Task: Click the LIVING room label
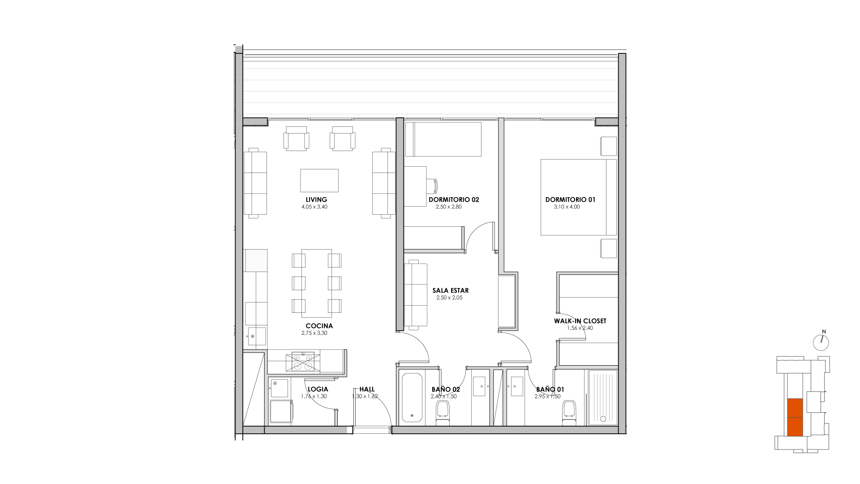(x=316, y=200)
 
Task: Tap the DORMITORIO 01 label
(x=570, y=200)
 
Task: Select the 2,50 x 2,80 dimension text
(x=448, y=207)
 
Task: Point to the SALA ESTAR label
(x=451, y=290)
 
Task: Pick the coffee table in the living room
(x=319, y=180)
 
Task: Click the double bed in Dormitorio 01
(x=579, y=197)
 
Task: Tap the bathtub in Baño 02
(x=412, y=397)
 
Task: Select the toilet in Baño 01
(x=569, y=414)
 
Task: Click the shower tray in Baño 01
(x=603, y=397)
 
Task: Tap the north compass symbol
(x=821, y=342)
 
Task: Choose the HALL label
(x=367, y=389)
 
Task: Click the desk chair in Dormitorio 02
(x=435, y=186)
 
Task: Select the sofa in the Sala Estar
(x=416, y=294)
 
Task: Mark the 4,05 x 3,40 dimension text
(x=314, y=207)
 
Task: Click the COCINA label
(x=319, y=326)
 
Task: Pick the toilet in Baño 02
(x=443, y=414)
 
